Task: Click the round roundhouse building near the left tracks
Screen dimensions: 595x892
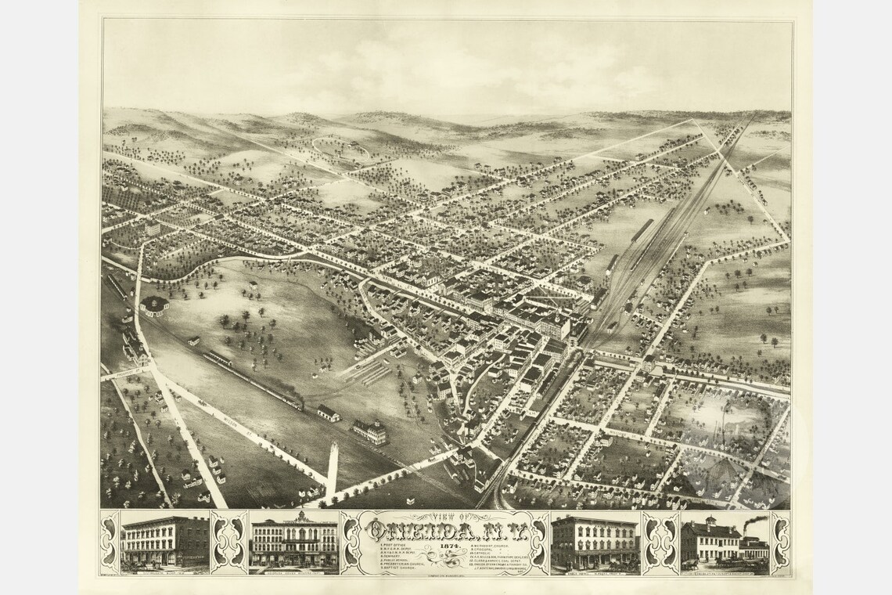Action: click(154, 305)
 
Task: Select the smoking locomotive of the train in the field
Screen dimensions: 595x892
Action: click(296, 404)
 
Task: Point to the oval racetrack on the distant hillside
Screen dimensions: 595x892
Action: click(340, 147)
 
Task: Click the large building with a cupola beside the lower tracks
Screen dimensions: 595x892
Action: click(369, 431)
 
